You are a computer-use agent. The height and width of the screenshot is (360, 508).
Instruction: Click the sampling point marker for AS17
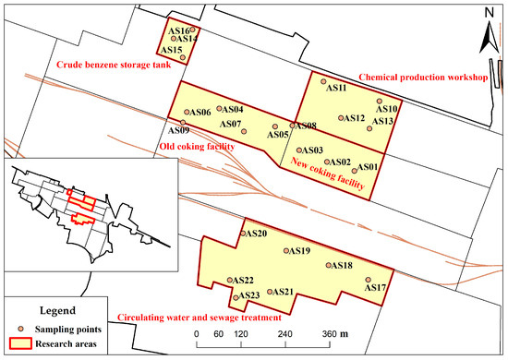(368, 279)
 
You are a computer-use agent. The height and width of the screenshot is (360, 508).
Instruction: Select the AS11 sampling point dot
(322, 81)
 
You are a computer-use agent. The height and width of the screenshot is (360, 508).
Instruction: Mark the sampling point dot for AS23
(236, 298)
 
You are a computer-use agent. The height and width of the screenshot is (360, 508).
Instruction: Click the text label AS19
(300, 250)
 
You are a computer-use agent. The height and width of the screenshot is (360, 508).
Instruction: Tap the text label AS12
(356, 118)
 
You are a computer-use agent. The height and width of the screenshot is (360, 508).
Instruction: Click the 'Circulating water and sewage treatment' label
(198, 316)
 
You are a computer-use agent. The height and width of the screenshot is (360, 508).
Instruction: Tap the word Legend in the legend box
(60, 310)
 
